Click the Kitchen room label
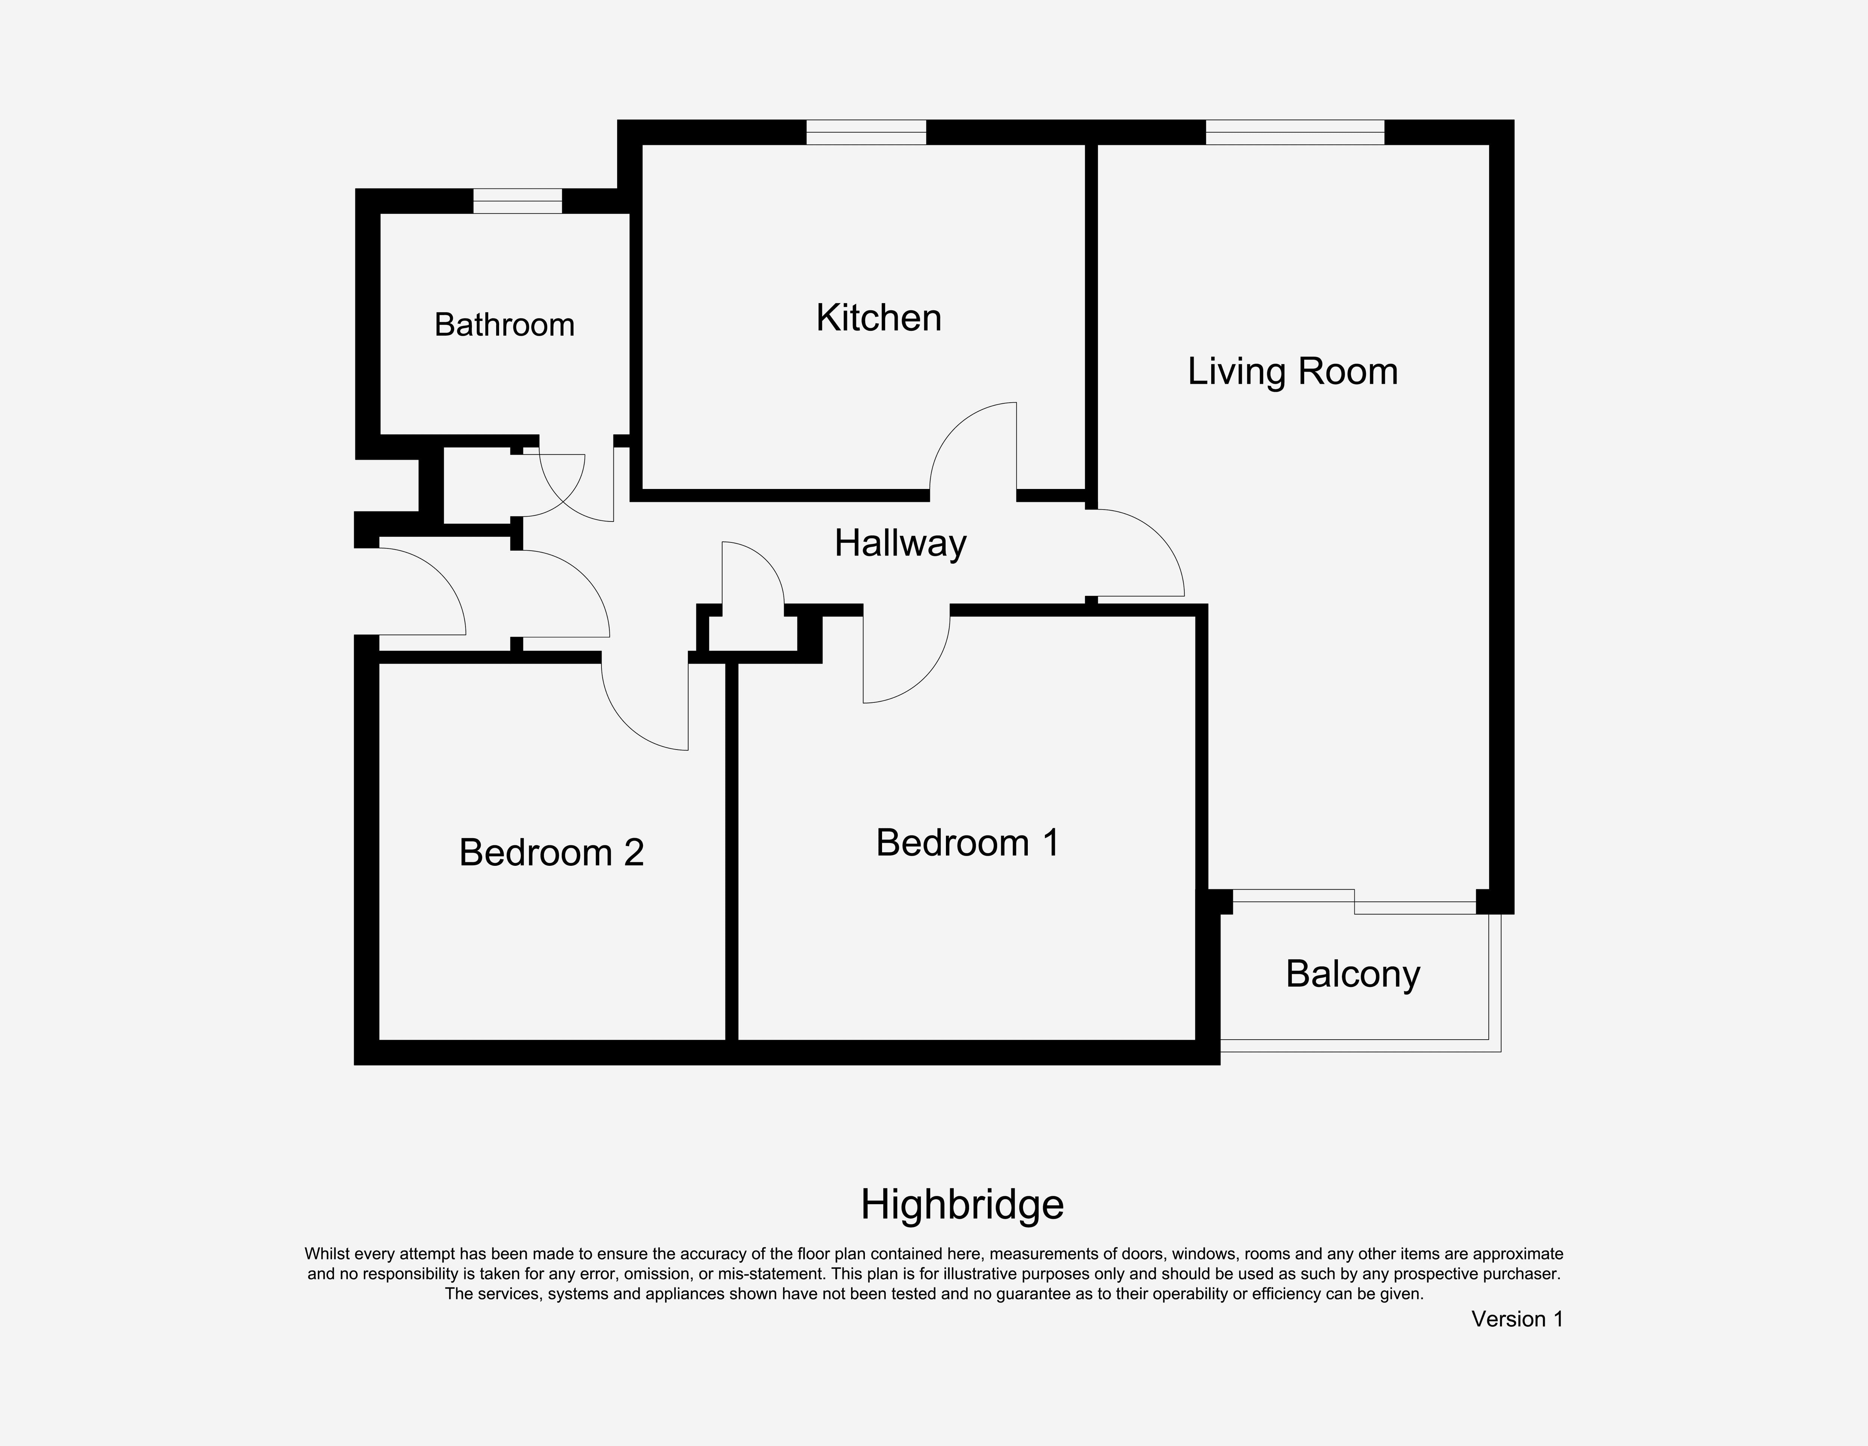click(878, 318)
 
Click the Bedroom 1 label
click(967, 843)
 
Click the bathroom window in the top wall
click(517, 201)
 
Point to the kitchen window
click(866, 133)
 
